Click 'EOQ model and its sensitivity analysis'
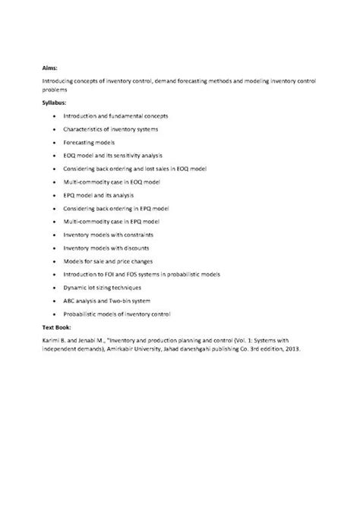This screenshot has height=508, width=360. click(124, 155)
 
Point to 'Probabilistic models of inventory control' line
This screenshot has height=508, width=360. click(128, 314)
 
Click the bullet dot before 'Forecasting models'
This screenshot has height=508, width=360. click(55, 141)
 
